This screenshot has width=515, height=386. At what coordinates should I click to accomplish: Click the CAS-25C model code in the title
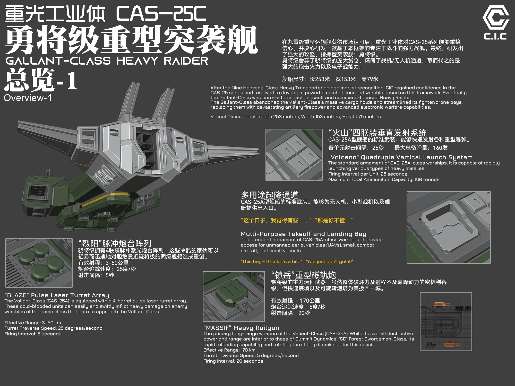tap(161, 14)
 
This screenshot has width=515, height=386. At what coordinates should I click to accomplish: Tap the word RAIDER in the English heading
tap(186, 61)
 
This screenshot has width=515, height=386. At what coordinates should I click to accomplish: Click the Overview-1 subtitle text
tap(28, 98)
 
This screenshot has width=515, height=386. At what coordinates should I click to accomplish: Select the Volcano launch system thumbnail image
tap(294, 155)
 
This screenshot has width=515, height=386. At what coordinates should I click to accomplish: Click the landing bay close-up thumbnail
tap(449, 227)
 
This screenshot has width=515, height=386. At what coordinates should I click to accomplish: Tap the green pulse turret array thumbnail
tap(39, 263)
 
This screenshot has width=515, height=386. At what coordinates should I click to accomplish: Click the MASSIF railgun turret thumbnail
tap(234, 296)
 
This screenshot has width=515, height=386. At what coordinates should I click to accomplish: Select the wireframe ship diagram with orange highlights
tap(446, 321)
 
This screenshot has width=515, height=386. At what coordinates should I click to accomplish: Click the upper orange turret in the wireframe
tap(442, 304)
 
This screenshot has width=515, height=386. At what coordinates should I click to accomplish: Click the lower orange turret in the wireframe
tap(452, 344)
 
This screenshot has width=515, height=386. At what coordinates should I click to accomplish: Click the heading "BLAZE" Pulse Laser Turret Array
tap(57, 295)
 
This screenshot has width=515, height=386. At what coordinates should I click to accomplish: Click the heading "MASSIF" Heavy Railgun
tap(241, 328)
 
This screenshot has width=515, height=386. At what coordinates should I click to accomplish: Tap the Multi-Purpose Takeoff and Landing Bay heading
tap(303, 234)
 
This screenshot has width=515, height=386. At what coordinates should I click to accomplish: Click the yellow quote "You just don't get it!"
tap(329, 261)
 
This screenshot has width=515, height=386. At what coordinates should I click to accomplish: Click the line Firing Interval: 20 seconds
tap(233, 361)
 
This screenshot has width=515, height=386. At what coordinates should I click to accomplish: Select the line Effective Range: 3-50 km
tap(33, 323)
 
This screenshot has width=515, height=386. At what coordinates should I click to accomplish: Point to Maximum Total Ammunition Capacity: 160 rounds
tap(384, 179)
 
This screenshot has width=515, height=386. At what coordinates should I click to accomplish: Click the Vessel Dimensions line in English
tap(296, 117)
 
